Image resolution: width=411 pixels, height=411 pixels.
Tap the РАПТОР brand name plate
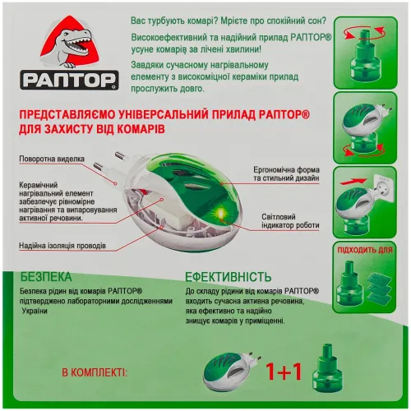click(69, 80)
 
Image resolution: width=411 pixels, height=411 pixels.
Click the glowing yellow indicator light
click(219, 215)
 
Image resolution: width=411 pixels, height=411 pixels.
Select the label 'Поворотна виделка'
click(52, 159)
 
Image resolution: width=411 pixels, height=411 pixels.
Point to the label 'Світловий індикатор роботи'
click(290, 221)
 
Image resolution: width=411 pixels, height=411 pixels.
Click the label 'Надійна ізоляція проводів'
click(62, 246)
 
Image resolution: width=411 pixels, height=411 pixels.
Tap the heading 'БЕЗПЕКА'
click(46, 277)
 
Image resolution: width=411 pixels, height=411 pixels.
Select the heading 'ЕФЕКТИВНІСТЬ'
click(229, 277)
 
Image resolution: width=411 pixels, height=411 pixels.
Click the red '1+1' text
click(284, 372)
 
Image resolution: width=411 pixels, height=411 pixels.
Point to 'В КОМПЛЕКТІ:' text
click(95, 373)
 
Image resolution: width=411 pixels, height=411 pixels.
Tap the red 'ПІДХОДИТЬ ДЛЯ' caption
click(365, 250)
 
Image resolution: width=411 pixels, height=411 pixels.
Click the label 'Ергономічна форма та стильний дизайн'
click(286, 174)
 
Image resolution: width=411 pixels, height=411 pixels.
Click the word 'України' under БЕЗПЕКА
click(35, 312)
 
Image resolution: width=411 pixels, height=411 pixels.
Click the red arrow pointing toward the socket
click(353, 182)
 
